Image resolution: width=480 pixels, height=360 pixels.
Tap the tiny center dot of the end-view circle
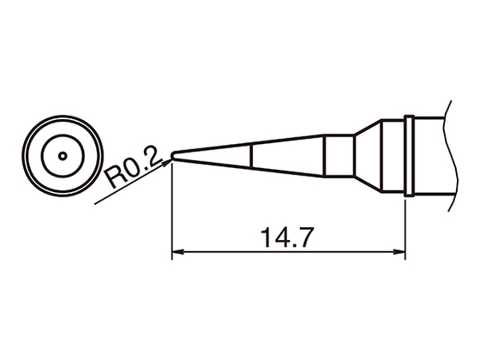[62, 156]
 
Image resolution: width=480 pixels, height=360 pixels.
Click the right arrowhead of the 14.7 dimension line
[399, 253]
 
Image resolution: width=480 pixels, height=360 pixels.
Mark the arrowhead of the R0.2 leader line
[168, 159]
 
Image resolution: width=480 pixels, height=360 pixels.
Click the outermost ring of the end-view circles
[29, 156]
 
